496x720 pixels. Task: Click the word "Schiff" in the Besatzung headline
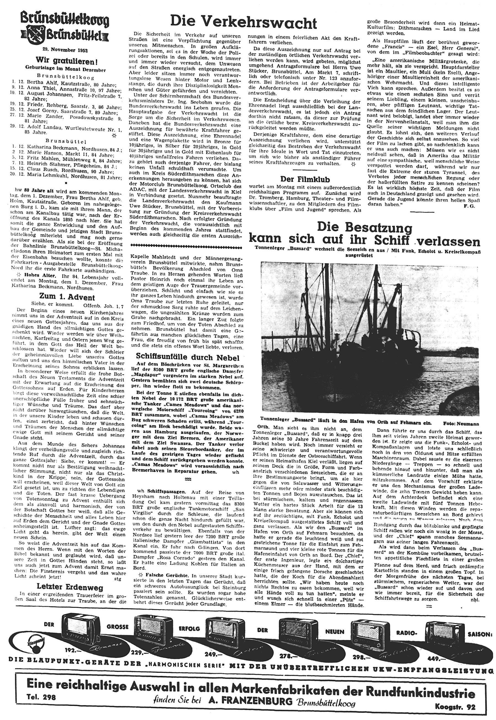point(391,241)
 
